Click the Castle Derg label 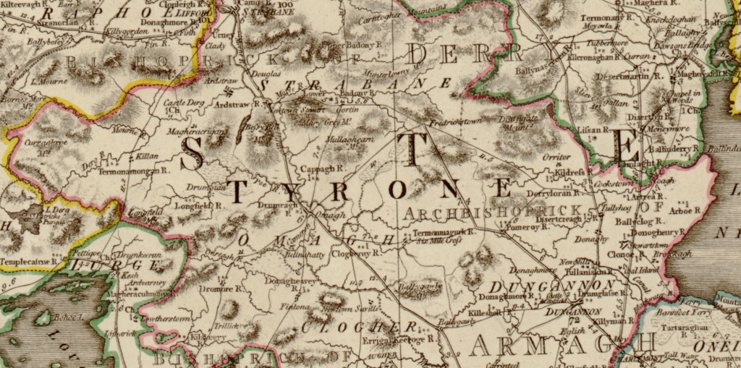(x=181, y=103)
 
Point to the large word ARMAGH (x=562, y=346)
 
